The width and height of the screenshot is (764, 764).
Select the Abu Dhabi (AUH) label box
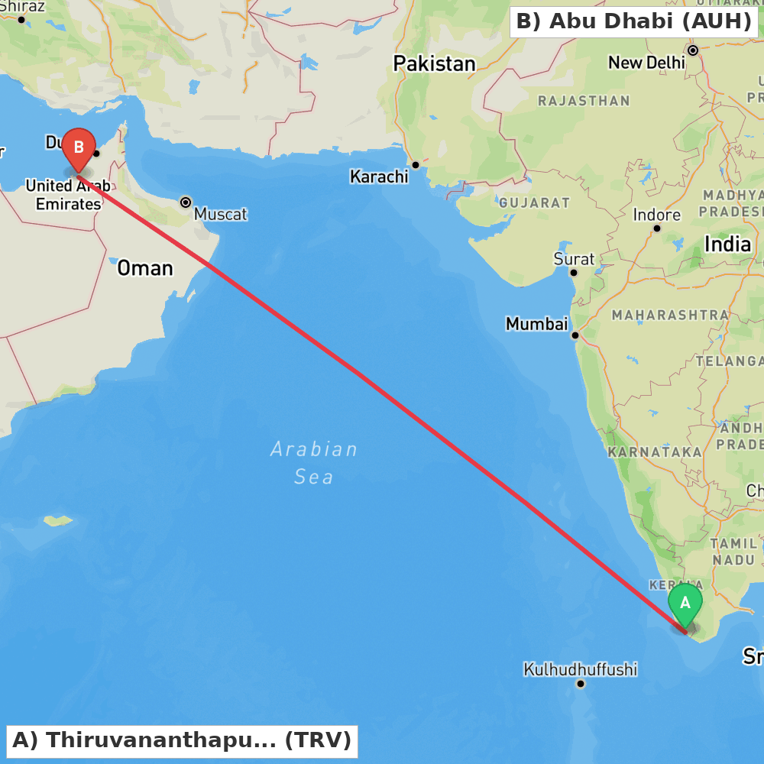[633, 21]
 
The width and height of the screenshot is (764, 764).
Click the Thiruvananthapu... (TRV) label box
[182, 740]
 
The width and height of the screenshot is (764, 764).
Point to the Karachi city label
[379, 176]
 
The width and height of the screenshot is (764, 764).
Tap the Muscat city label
[220, 214]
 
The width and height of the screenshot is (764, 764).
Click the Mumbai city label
[536, 324]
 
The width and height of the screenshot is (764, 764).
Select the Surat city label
[574, 259]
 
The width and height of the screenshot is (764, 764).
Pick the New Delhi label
[646, 63]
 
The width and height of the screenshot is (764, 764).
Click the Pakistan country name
[434, 63]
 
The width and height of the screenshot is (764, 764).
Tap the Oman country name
[144, 268]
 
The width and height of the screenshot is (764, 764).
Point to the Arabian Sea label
[314, 462]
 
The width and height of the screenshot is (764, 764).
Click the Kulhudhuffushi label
[580, 669]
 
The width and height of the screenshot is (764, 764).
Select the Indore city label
[656, 215]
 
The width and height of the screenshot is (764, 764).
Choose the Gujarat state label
[534, 202]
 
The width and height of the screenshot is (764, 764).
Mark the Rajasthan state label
[584, 100]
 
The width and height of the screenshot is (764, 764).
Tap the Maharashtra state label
[670, 314]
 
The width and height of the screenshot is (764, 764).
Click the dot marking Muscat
[186, 202]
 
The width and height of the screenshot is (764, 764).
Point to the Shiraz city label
[24, 7]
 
